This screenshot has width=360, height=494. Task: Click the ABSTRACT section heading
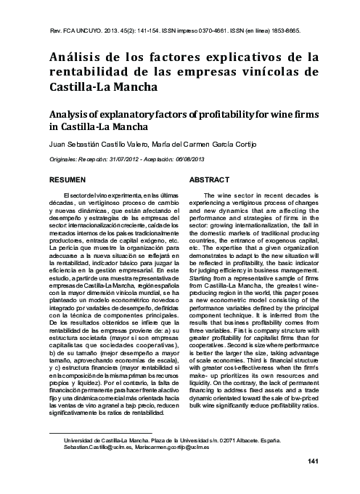click(x=209, y=178)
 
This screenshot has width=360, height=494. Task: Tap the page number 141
click(x=314, y=462)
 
